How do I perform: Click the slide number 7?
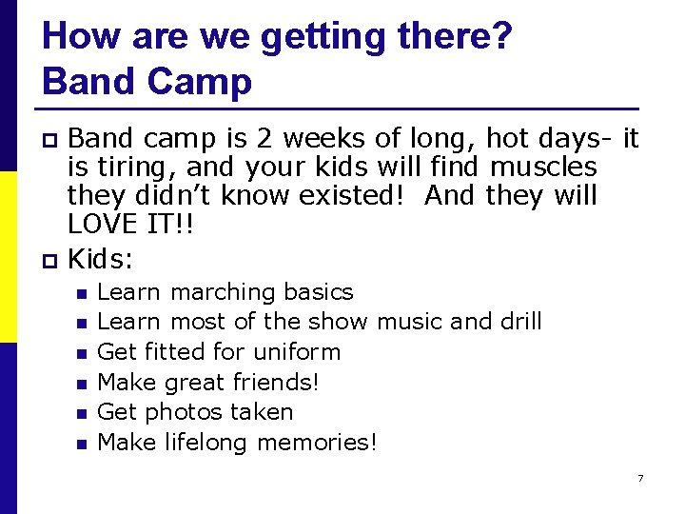tap(640, 477)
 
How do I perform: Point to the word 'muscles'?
tap(543, 168)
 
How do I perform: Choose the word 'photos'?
tap(187, 412)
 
